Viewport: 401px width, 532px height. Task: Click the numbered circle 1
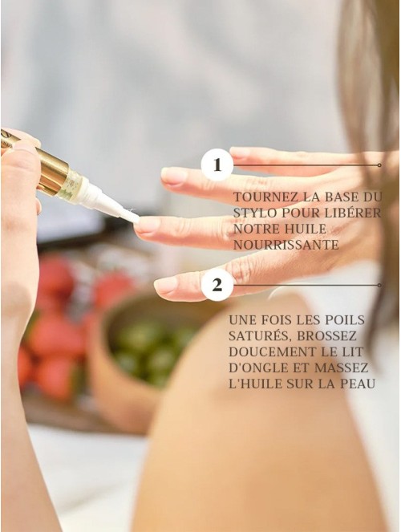click(217, 164)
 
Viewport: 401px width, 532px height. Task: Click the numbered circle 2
click(217, 285)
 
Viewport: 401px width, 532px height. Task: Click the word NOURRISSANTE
click(286, 245)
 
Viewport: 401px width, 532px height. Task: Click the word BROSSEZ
click(326, 336)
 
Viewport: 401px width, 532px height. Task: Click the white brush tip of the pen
click(130, 216)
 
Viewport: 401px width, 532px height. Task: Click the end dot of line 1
click(379, 165)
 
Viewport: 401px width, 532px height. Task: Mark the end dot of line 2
click(379, 285)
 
